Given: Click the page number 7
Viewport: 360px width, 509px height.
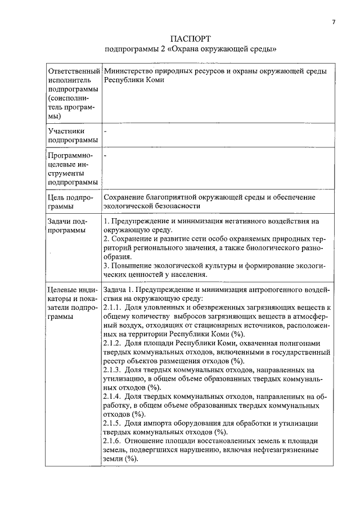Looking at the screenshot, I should [333, 22].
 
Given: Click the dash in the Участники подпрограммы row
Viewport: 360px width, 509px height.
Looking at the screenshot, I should [105, 131].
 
